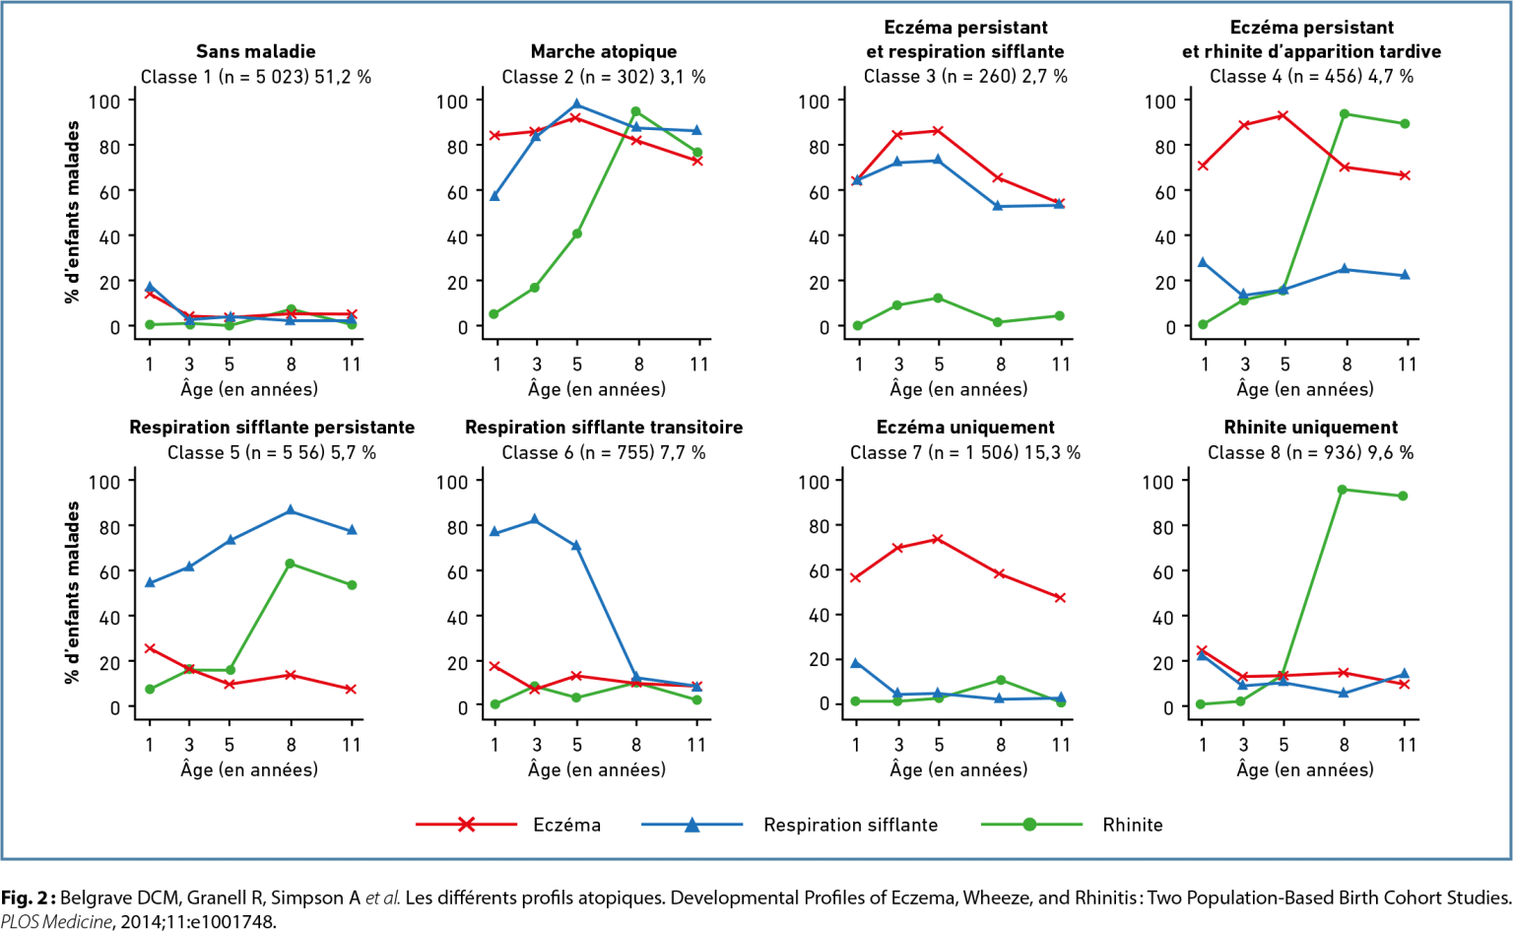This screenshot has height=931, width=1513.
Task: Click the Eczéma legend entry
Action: coord(565,825)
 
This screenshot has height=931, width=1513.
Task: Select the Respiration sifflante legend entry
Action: coord(849,825)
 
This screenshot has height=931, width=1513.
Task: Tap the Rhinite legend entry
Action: coord(1132,825)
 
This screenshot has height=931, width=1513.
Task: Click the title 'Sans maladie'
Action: coord(255,51)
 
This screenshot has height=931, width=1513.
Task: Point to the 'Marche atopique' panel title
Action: coord(603,51)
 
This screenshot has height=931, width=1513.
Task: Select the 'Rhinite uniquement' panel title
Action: coord(1310,428)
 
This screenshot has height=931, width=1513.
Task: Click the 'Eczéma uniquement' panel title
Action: coord(965,428)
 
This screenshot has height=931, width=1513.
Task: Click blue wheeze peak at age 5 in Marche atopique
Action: coord(577,105)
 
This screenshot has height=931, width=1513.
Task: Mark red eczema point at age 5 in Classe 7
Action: coord(938,539)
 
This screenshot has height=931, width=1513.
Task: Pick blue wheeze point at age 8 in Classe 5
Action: coord(291,510)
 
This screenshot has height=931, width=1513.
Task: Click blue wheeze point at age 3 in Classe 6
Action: coord(535,519)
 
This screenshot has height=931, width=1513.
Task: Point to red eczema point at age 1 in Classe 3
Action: coord(857,180)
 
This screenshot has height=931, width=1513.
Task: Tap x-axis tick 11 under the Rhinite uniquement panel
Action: coord(1407,745)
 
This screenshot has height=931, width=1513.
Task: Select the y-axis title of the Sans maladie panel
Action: coord(72,212)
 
